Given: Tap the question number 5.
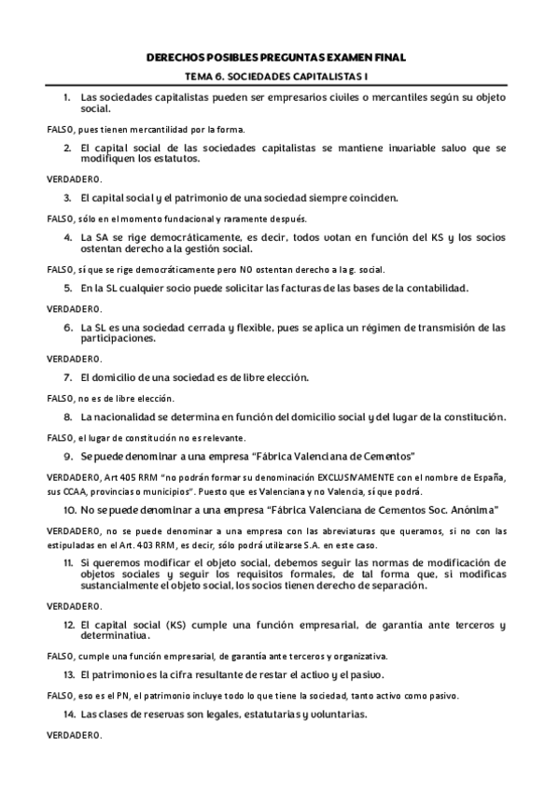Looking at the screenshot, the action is pyautogui.click(x=67, y=289).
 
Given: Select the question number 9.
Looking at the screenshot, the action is pyautogui.click(x=67, y=457).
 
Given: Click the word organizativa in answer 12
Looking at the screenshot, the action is pyautogui.click(x=362, y=657).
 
